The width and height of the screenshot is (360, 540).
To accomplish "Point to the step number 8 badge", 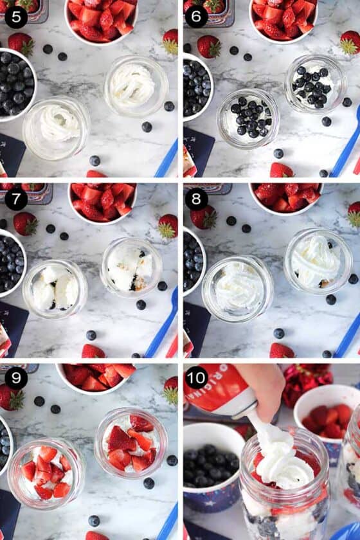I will (197, 199).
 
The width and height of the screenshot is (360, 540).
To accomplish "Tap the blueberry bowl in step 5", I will (14, 84).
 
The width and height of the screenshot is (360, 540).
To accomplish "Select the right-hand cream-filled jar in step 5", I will (136, 85).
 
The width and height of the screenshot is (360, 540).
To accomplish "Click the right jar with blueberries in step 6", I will (315, 84).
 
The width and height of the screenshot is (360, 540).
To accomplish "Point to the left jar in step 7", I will (55, 289).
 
